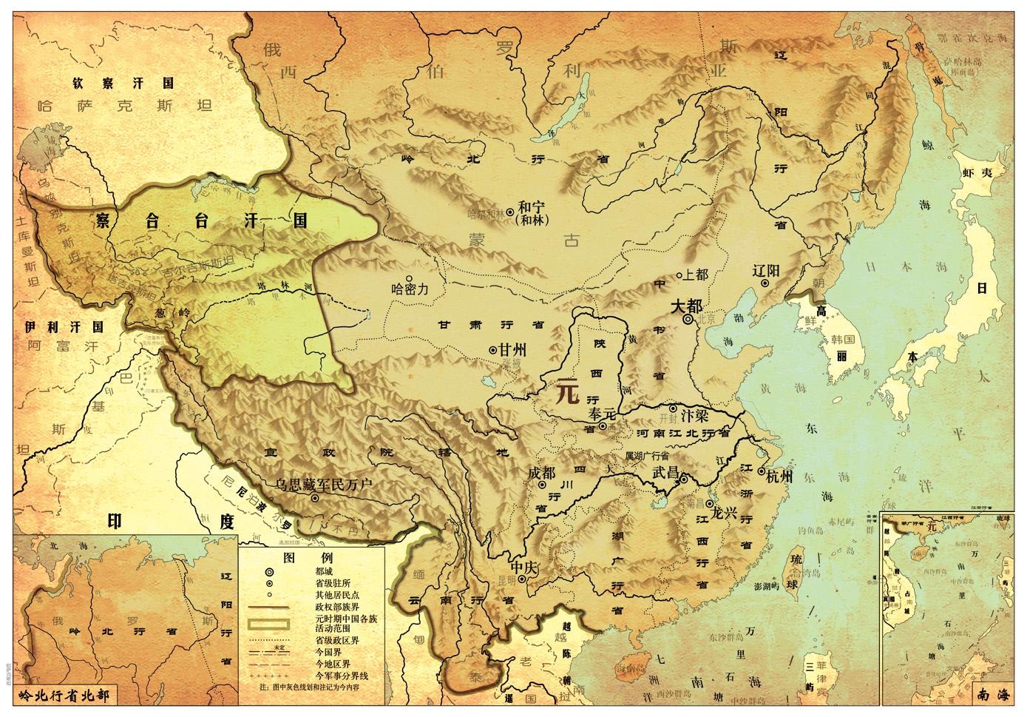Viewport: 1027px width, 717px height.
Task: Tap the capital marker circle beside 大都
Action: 688,320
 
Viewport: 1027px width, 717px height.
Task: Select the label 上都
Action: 696,275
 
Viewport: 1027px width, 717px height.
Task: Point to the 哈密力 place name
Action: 410,290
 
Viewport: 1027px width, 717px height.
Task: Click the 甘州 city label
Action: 511,349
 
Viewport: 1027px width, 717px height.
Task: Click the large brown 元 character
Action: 566,391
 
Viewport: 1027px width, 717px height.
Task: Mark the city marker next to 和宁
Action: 509,212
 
